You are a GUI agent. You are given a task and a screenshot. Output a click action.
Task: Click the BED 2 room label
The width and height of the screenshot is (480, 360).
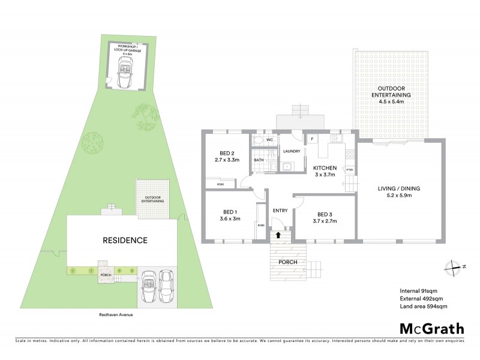(x=227, y=153)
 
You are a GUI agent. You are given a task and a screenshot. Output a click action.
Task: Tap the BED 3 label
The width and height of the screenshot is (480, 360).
(x=325, y=214)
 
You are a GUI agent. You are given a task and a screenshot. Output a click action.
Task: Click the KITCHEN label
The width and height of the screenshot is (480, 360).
(x=325, y=167)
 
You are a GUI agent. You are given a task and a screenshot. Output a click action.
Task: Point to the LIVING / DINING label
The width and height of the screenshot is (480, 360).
(x=399, y=188)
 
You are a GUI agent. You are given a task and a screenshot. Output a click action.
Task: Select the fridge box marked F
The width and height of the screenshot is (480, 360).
(x=312, y=139)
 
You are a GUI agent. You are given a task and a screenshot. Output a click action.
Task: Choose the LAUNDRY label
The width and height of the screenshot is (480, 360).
(x=292, y=151)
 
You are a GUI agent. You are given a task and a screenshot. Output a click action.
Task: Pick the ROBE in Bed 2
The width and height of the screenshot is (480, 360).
(x=221, y=184)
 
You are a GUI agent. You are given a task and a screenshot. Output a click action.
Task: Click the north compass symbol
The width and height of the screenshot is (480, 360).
(x=454, y=267)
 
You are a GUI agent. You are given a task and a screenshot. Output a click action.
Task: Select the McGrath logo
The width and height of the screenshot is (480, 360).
(x=432, y=328)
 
